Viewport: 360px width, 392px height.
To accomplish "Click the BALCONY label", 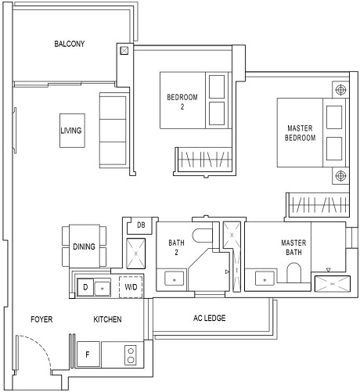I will click(70, 44).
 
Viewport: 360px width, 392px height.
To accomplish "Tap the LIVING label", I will click(71, 131).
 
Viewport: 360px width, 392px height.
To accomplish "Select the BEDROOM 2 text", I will click(182, 102).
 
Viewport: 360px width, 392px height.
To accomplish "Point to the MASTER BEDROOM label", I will click(301, 132).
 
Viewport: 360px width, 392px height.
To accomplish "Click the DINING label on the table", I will click(84, 246).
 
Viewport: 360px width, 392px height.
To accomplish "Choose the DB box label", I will click(141, 225).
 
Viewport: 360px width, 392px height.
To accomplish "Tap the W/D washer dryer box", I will click(131, 287).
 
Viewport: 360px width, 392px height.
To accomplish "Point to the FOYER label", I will click(41, 319).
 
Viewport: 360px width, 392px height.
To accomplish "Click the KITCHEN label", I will click(107, 319).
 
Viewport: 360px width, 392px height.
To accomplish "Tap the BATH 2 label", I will click(177, 247).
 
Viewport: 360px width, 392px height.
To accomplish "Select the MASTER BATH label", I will click(294, 247).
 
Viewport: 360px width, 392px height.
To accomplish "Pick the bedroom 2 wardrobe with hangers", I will click(203, 160).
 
